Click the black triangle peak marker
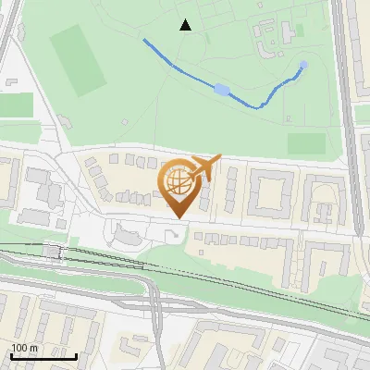[x=186, y=25]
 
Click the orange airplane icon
[x=206, y=166]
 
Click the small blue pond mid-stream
[x=222, y=89]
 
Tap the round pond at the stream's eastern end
[x=304, y=65]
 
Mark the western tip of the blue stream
[x=144, y=40]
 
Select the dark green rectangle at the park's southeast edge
[x=306, y=143]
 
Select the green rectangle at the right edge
[x=362, y=113]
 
